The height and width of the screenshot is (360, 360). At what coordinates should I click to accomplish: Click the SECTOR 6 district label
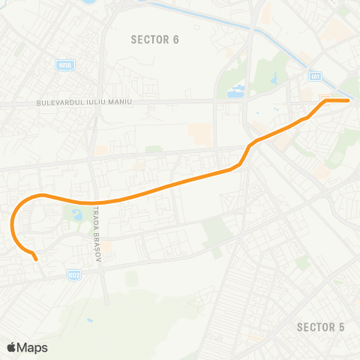click(155, 39)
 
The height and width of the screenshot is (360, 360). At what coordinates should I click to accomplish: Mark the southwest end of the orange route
click(36, 259)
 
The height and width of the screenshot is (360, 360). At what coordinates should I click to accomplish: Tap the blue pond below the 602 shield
click(89, 321)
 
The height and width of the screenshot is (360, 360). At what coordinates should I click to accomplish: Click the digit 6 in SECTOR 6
click(176, 39)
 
